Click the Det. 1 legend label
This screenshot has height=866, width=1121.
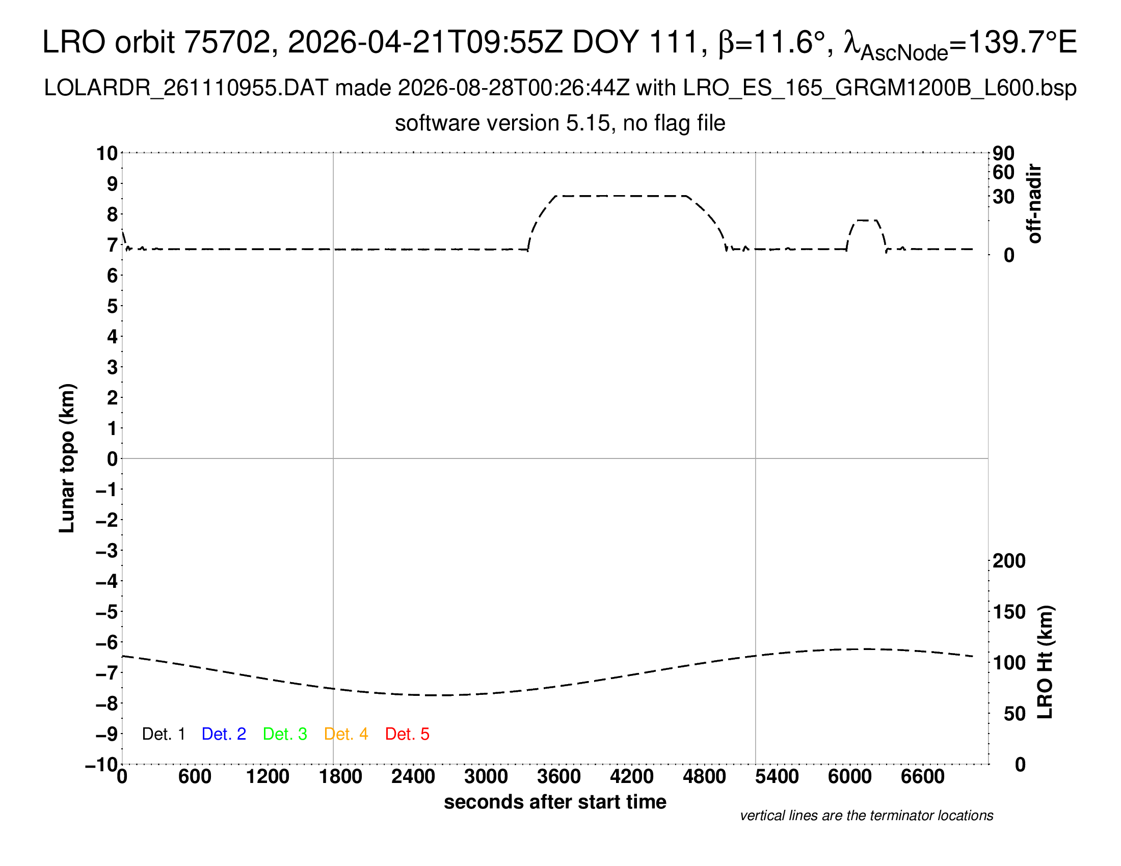pyautogui.click(x=163, y=734)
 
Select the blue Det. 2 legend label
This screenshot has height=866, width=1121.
pyautogui.click(x=224, y=734)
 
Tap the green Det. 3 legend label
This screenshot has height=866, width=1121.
pyautogui.click(x=285, y=734)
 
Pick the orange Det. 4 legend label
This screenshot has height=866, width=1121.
pyautogui.click(x=346, y=734)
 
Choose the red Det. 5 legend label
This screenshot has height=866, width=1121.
pyautogui.click(x=407, y=734)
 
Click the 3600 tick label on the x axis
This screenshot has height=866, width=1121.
pyautogui.click(x=559, y=777)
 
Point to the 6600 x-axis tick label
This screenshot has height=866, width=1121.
pyautogui.click(x=923, y=777)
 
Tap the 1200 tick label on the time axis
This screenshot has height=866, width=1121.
pyautogui.click(x=268, y=777)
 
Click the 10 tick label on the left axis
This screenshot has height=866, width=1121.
pyautogui.click(x=108, y=153)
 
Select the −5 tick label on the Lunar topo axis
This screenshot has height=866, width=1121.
pyautogui.click(x=108, y=612)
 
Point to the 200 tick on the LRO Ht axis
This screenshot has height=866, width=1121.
pyautogui.click(x=1009, y=561)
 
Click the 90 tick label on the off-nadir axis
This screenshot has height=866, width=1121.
pyautogui.click(x=1003, y=153)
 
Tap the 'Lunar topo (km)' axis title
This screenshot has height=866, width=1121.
pyautogui.click(x=67, y=458)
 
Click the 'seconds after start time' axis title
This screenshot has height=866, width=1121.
pyautogui.click(x=555, y=802)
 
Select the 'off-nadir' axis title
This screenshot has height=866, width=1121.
pyautogui.click(x=1034, y=204)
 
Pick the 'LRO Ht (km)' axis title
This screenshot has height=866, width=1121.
pyautogui.click(x=1045, y=662)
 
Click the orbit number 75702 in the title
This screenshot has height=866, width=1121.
pyautogui.click(x=227, y=42)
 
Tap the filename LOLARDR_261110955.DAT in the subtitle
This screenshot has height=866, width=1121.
pyautogui.click(x=186, y=88)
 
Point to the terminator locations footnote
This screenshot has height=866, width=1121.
pyautogui.click(x=866, y=816)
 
